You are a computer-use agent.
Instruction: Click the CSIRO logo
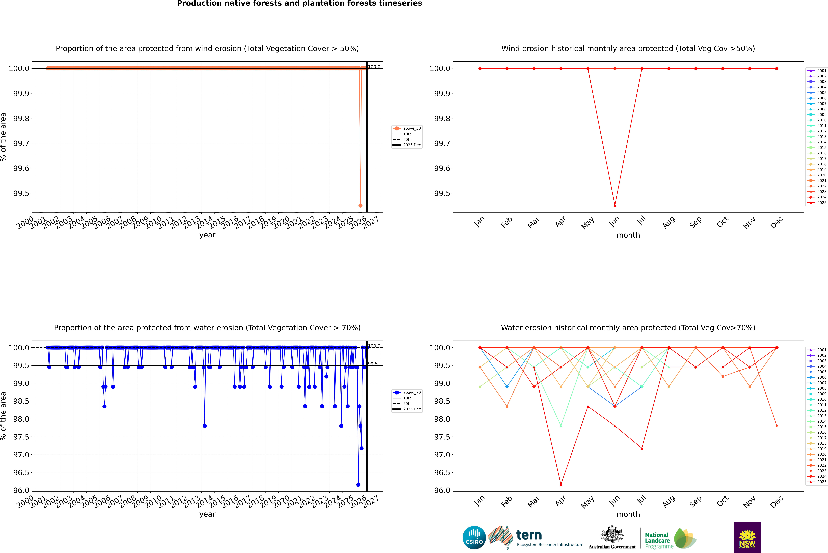pyautogui.click(x=474, y=538)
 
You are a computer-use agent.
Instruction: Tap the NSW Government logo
pyautogui.click(x=747, y=538)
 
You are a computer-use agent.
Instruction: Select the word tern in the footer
pyautogui.click(x=529, y=535)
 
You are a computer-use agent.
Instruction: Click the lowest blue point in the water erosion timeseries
pyautogui.click(x=358, y=485)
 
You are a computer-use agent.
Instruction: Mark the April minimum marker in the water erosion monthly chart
pyautogui.click(x=561, y=485)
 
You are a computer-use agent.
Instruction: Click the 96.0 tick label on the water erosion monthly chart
pyautogui.click(x=440, y=490)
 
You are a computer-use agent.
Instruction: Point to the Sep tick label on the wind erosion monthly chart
pyautogui.click(x=695, y=222)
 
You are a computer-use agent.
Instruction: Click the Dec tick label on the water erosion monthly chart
pyautogui.click(x=776, y=502)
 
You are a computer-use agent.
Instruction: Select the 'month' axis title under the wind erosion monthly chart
pyautogui.click(x=628, y=235)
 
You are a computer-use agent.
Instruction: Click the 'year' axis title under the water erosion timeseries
pyautogui.click(x=207, y=514)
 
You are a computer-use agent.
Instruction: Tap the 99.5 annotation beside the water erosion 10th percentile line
pyautogui.click(x=373, y=364)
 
